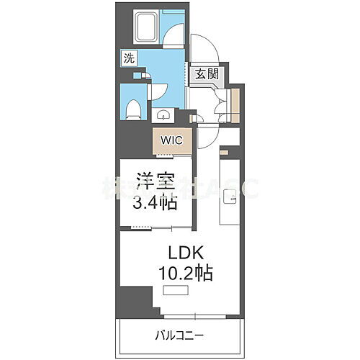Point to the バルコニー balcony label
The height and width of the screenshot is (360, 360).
[x=180, y=335]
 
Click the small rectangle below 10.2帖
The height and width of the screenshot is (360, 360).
[x=175, y=290]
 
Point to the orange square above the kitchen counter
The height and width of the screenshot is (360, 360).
[x=225, y=153]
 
